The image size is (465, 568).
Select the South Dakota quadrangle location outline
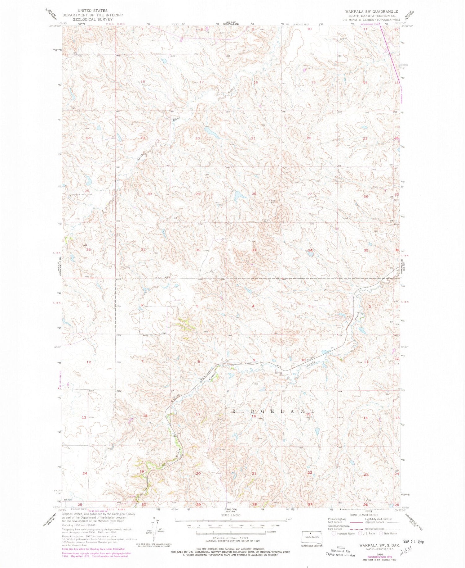[312, 538]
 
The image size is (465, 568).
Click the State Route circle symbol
[382, 534]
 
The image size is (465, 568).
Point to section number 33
[254, 250]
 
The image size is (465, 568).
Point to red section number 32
[198, 250]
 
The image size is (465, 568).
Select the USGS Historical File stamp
[340, 551]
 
